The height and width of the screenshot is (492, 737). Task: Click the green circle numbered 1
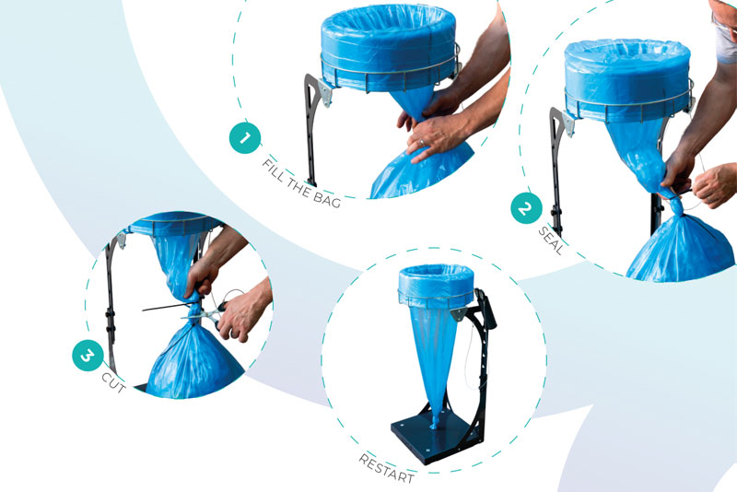point(245,137)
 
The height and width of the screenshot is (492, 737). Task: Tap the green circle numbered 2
point(526,207)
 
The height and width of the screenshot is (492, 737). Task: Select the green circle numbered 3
point(88,356)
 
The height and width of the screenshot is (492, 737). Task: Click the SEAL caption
point(550,241)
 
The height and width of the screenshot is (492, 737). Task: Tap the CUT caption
point(113,382)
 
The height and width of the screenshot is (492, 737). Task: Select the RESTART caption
point(386,468)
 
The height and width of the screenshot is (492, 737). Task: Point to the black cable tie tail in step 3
point(165,308)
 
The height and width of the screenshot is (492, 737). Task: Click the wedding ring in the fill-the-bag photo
point(421,142)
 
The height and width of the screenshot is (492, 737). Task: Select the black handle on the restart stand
point(486,309)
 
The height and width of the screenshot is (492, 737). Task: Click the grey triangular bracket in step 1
point(325,92)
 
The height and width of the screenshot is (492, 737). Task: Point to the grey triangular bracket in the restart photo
point(459,313)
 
